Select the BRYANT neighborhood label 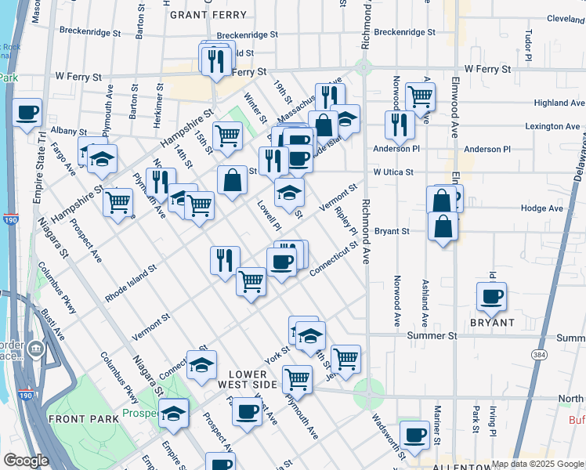492,323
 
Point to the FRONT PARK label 84,419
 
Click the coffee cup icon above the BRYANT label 492,296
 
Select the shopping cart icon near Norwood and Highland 421,96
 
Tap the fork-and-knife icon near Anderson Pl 400,124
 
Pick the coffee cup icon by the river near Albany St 27,112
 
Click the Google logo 26,461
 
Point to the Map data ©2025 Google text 537,464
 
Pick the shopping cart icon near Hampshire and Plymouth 118,202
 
